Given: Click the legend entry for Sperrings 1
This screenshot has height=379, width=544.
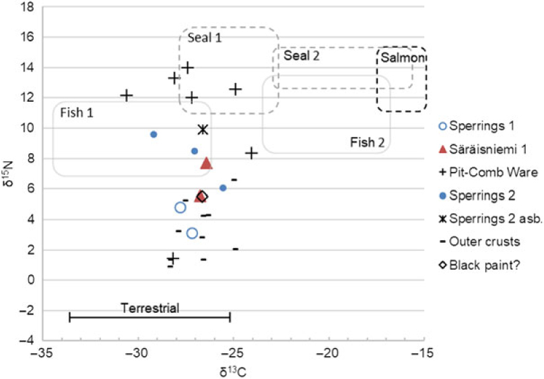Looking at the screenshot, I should (x=478, y=126).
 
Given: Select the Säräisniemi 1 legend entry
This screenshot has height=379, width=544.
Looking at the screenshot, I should (x=484, y=149).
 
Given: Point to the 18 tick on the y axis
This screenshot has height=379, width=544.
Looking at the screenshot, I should (x=28, y=7).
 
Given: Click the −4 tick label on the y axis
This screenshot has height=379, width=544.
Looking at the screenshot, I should (x=27, y=341).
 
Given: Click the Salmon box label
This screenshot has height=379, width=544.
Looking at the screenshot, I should (x=402, y=59).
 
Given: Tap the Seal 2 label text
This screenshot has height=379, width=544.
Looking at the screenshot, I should (x=301, y=56).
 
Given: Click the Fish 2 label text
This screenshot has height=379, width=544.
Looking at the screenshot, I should (x=367, y=142).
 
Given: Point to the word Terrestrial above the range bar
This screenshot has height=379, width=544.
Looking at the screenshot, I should (x=150, y=308).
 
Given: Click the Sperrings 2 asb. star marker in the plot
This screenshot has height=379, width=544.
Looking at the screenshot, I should (x=203, y=129).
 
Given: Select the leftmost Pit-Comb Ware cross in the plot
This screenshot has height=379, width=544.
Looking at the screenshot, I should (x=126, y=96).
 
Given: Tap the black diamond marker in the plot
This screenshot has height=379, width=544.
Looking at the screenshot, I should (x=201, y=196).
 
